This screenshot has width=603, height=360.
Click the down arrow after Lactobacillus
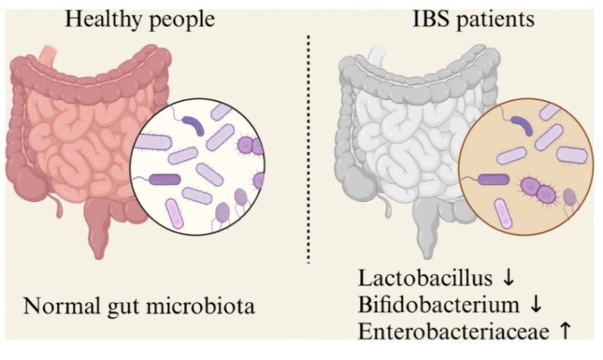pyautogui.click(x=509, y=278)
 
